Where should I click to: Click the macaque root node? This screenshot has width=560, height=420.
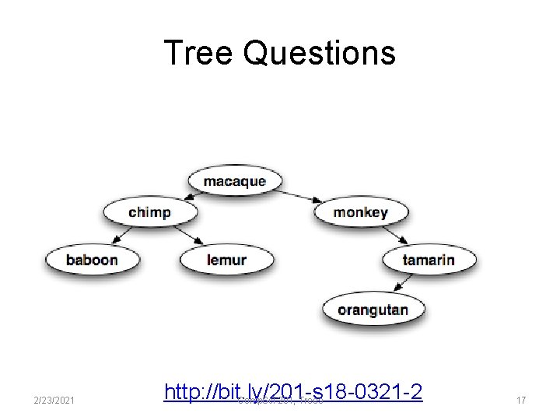234,182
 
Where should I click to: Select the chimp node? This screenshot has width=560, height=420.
149,212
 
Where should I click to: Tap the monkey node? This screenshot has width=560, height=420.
361,212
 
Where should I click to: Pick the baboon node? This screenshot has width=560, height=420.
91,259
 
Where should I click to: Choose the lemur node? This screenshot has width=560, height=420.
226,259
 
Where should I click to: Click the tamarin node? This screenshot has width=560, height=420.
428,259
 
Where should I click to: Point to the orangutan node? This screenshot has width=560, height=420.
373,310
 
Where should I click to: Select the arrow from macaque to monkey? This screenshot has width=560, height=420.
298,196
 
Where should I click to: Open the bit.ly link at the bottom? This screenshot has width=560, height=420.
293,390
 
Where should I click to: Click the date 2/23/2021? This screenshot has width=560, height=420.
54,400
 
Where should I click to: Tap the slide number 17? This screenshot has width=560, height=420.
521,400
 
